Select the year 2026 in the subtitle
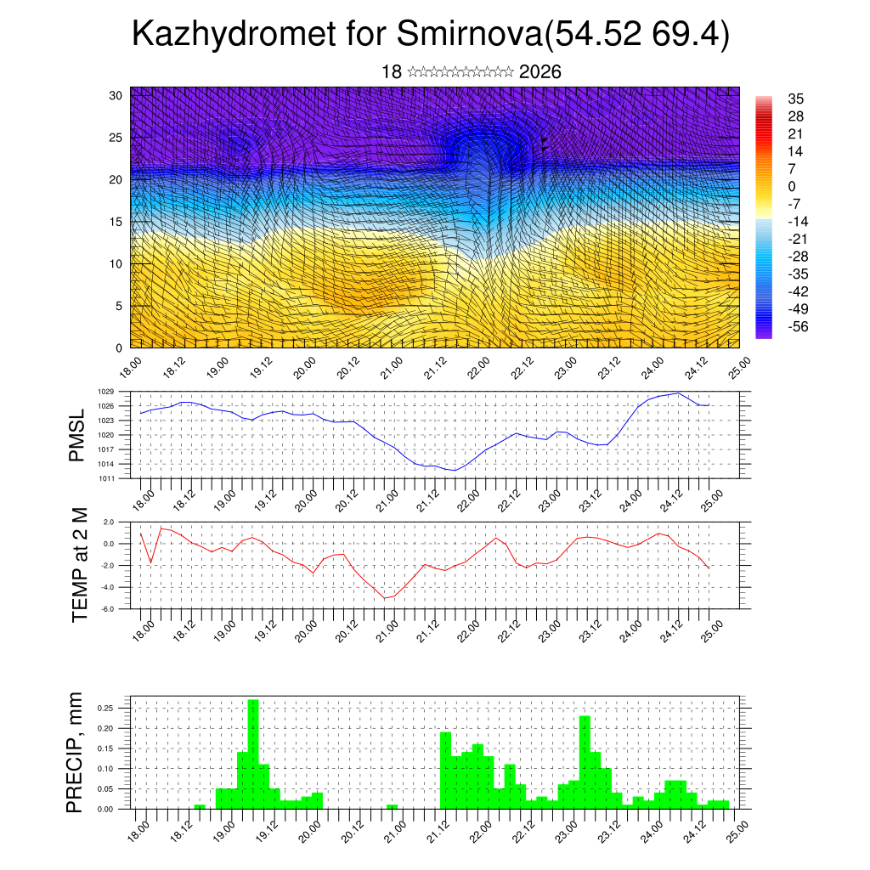[540, 72]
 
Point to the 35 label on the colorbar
[796, 99]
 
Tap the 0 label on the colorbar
[793, 186]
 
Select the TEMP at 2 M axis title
[80, 564]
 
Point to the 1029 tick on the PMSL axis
[106, 392]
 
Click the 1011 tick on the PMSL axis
[106, 478]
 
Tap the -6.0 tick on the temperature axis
[108, 609]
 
